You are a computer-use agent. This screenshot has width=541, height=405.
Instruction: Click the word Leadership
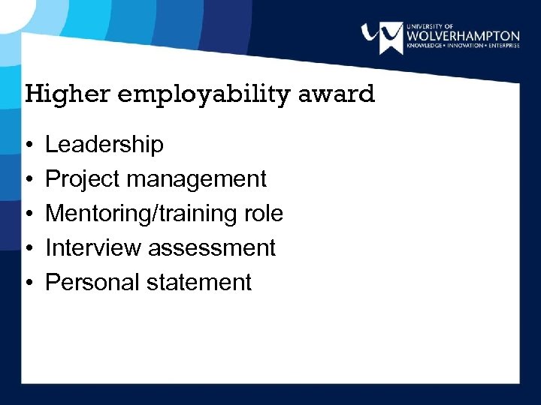click(x=104, y=145)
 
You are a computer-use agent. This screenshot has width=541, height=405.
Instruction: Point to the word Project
click(x=83, y=179)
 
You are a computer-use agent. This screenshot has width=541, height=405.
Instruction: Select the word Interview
click(x=93, y=247)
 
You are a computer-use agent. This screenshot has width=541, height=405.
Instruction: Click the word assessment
click(x=213, y=248)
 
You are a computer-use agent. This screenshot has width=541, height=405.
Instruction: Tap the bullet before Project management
click(x=27, y=180)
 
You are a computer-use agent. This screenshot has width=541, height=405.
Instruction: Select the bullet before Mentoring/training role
click(x=27, y=214)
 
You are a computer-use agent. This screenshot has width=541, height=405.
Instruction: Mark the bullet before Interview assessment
click(x=27, y=248)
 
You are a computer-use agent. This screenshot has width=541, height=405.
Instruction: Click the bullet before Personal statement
click(x=27, y=283)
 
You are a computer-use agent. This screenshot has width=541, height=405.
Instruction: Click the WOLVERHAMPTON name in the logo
click(x=462, y=36)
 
